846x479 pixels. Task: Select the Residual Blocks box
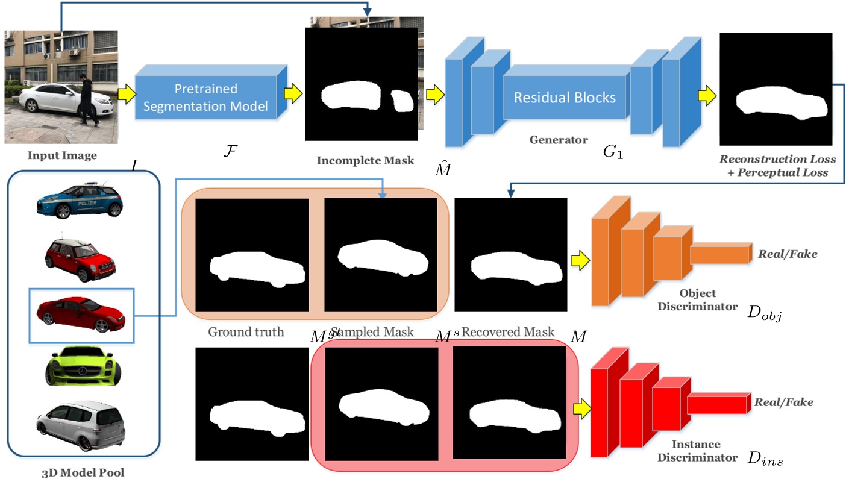click(x=565, y=97)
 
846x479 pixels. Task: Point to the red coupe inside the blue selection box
click(x=81, y=314)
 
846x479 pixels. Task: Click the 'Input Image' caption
click(x=61, y=155)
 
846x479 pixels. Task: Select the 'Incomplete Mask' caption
click(x=365, y=160)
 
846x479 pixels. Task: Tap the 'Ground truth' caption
click(x=246, y=331)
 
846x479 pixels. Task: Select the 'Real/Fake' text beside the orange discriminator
click(x=788, y=254)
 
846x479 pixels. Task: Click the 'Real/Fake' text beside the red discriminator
click(x=784, y=402)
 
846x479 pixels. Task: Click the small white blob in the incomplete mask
click(x=400, y=101)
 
